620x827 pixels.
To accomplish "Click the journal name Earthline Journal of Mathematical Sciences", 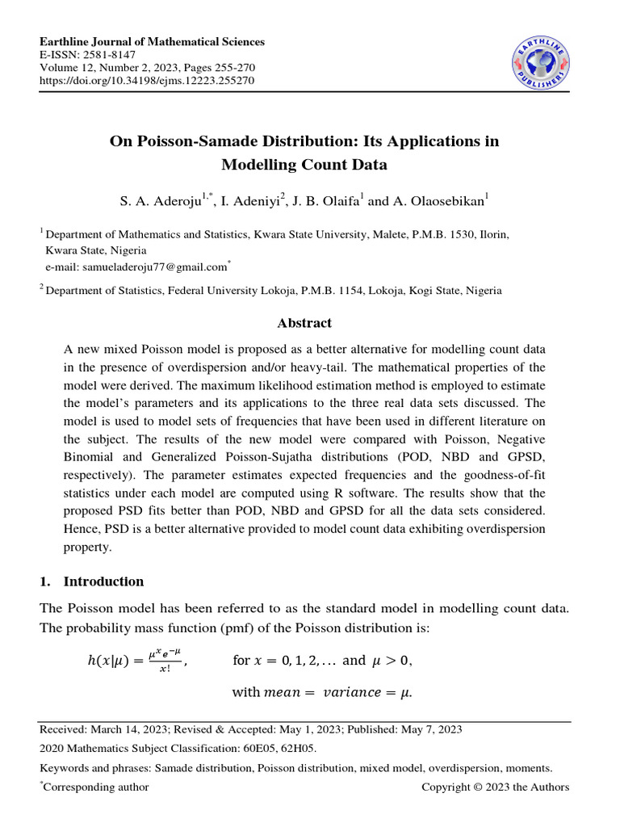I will [x=153, y=42].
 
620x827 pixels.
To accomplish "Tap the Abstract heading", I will [x=304, y=323].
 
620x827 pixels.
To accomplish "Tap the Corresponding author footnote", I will [x=96, y=787].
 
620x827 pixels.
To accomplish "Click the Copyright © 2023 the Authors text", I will [x=496, y=787].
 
